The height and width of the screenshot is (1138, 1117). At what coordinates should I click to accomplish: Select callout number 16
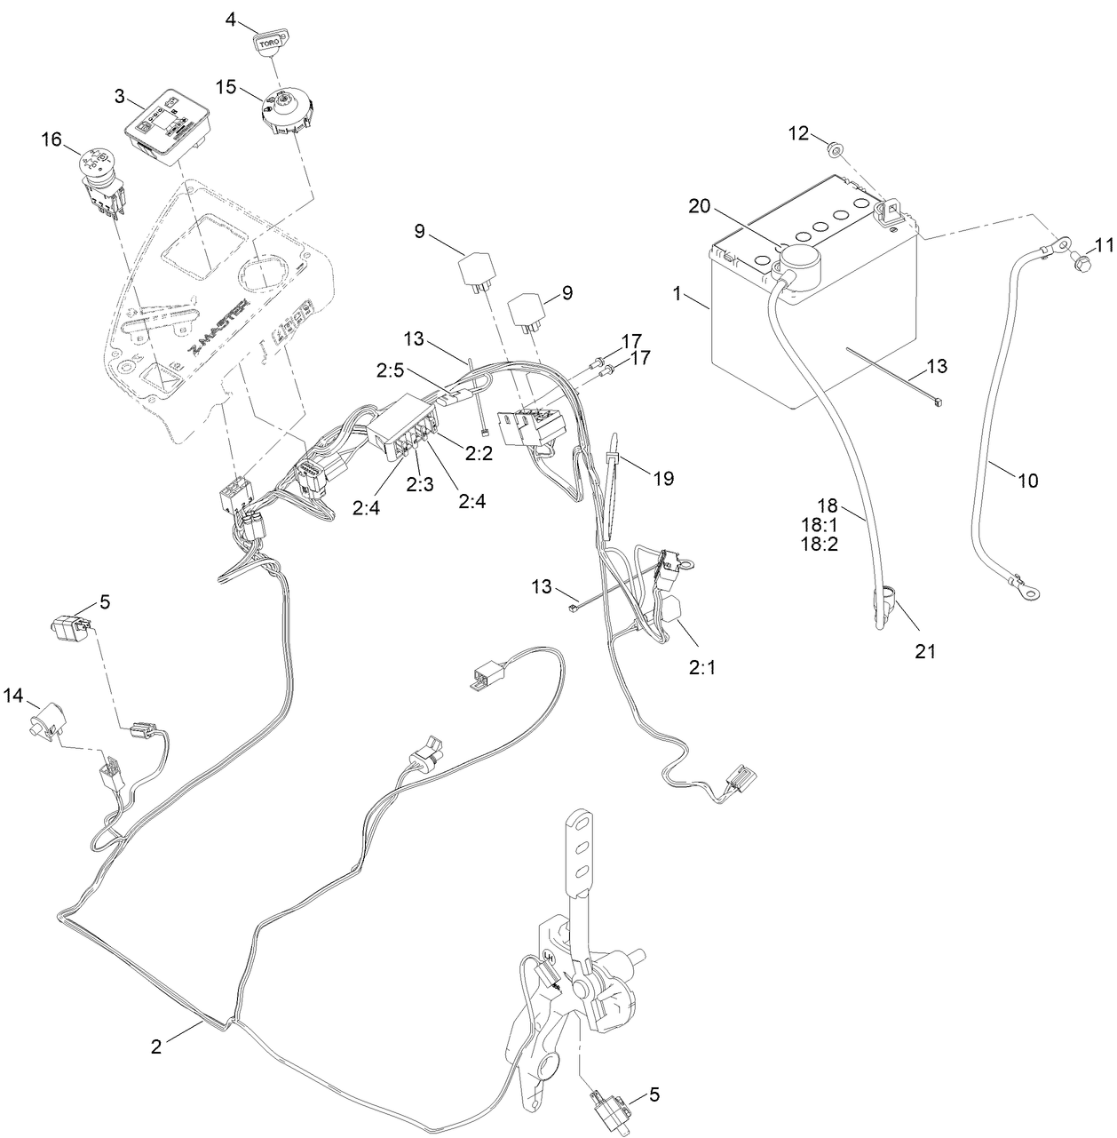pyautogui.click(x=52, y=139)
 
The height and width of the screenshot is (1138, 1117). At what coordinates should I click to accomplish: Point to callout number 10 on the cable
pyautogui.click(x=1027, y=481)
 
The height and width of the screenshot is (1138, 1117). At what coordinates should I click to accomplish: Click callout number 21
pyautogui.click(x=926, y=650)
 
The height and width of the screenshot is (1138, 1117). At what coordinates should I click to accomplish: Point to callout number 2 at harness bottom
pyautogui.click(x=156, y=1046)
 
